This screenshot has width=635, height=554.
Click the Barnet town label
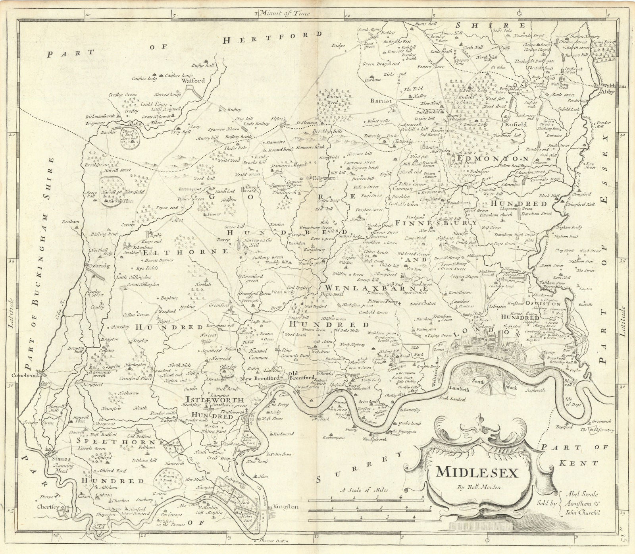381,101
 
